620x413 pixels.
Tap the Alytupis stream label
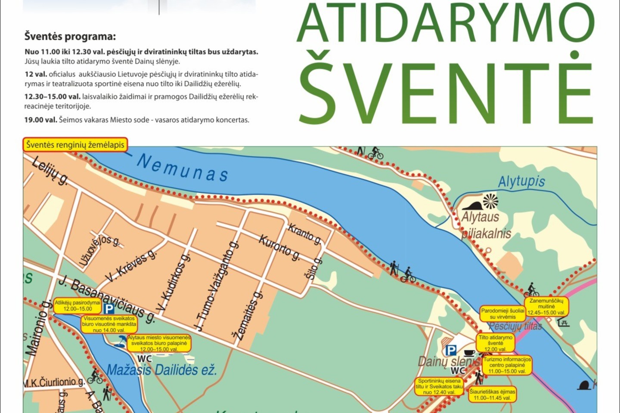coord(521,182)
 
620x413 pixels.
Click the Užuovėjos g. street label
coord(99,250)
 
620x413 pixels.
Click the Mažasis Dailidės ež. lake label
coord(162,370)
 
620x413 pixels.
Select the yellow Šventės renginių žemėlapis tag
coord(75,145)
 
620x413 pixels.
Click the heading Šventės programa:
coord(70,37)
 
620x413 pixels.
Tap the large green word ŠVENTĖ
coord(446,88)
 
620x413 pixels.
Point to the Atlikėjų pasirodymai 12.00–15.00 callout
coord(77,305)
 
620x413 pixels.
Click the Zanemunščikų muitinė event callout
coord(546,307)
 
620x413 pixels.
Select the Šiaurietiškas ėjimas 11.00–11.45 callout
coord(492,395)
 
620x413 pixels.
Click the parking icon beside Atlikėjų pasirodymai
coord(109,308)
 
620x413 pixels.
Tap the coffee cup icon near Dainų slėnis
coord(469,353)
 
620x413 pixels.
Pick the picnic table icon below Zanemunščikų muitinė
coord(563,322)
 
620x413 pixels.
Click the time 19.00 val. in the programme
coord(40,120)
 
